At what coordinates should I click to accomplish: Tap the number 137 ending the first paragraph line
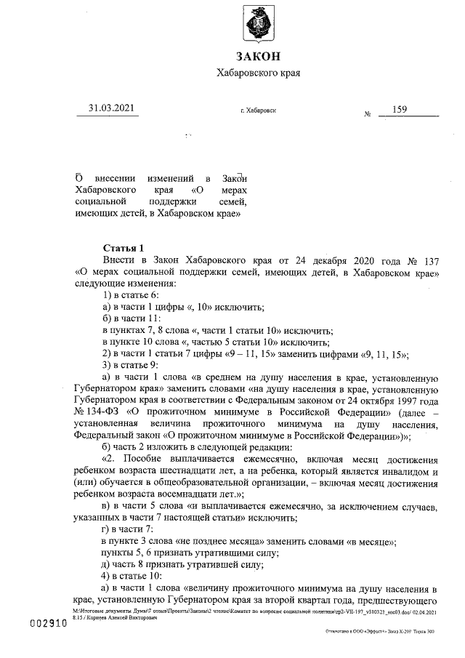(x=429, y=260)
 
